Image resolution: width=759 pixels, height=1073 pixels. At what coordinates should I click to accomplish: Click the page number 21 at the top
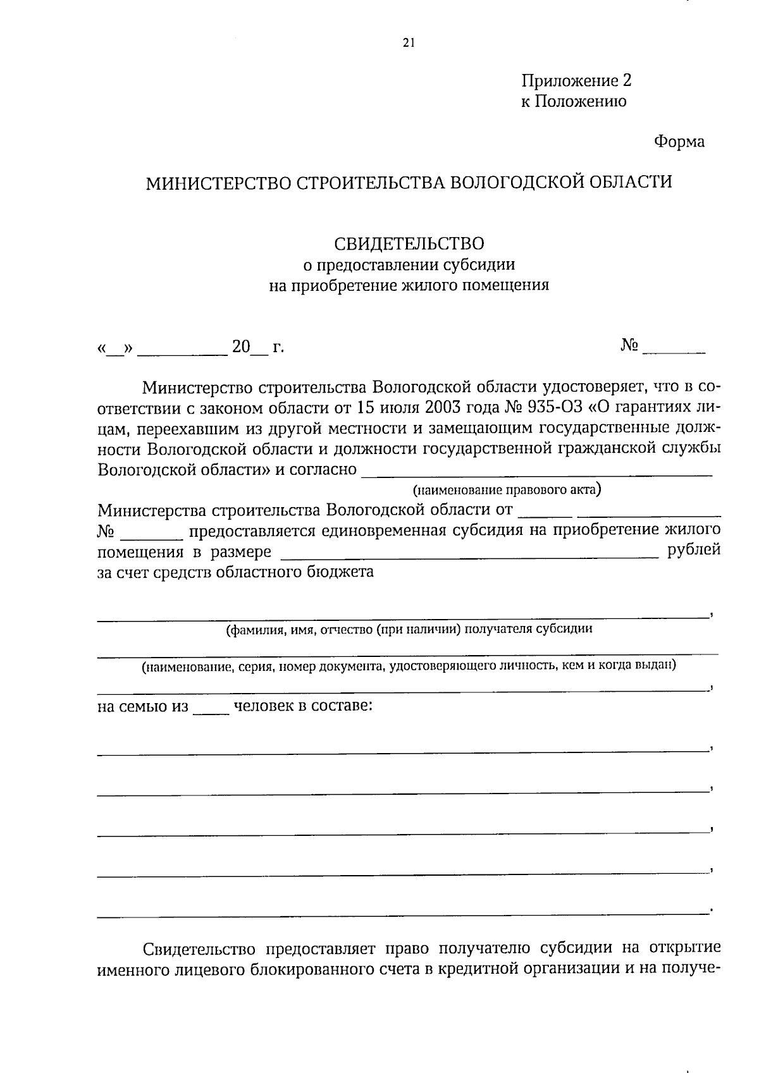[x=408, y=43]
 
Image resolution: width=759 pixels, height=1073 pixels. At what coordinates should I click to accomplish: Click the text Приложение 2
[x=576, y=81]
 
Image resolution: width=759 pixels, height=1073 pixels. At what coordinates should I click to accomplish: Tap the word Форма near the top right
[x=679, y=142]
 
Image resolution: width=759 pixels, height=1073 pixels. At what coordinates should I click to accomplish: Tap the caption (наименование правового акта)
[x=507, y=489]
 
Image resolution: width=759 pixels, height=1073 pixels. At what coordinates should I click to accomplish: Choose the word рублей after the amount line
[x=694, y=549]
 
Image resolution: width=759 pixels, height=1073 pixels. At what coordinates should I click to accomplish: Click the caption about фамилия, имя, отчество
[x=409, y=629]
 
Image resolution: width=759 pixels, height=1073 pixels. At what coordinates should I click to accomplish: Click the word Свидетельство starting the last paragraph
[x=199, y=949]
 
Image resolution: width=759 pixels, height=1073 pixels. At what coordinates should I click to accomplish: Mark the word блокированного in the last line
[x=303, y=970]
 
